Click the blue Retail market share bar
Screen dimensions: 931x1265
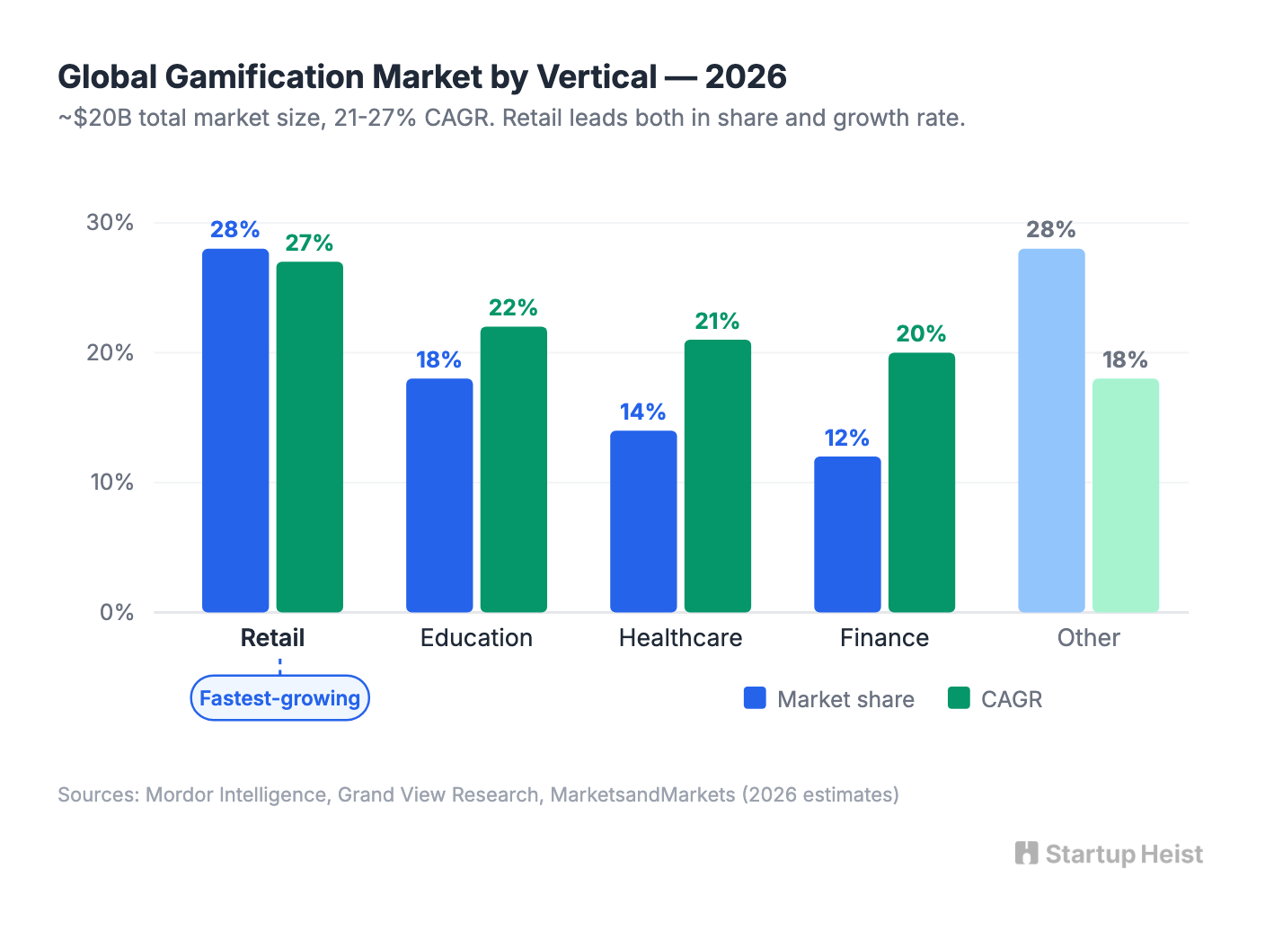pyautogui.click(x=235, y=431)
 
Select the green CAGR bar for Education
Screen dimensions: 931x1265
pyautogui.click(x=513, y=469)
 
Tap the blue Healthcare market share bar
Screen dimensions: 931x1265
pyautogui.click(x=643, y=521)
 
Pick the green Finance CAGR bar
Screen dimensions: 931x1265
pyautogui.click(x=921, y=483)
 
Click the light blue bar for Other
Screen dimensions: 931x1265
pyautogui.click(x=1051, y=431)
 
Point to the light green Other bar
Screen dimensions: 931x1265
pyautogui.click(x=1125, y=496)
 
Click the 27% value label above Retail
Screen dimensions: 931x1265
pyautogui.click(x=309, y=244)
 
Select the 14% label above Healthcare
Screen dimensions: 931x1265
pyautogui.click(x=643, y=412)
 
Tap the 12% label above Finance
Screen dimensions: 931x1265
pyautogui.click(x=847, y=439)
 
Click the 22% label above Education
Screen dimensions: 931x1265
pyautogui.click(x=513, y=308)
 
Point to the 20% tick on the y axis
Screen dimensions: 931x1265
pyautogui.click(x=111, y=353)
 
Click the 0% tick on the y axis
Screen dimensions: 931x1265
pyautogui.click(x=117, y=613)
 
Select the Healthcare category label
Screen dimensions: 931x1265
pyautogui.click(x=680, y=638)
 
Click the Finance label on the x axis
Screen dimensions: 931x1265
pyautogui.click(x=884, y=638)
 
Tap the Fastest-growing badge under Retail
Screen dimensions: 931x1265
pyautogui.click(x=279, y=698)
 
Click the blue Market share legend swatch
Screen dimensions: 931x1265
pyautogui.click(x=755, y=698)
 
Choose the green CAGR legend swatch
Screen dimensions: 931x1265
pyautogui.click(x=959, y=698)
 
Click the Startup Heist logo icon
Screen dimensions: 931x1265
pyautogui.click(x=1026, y=853)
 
